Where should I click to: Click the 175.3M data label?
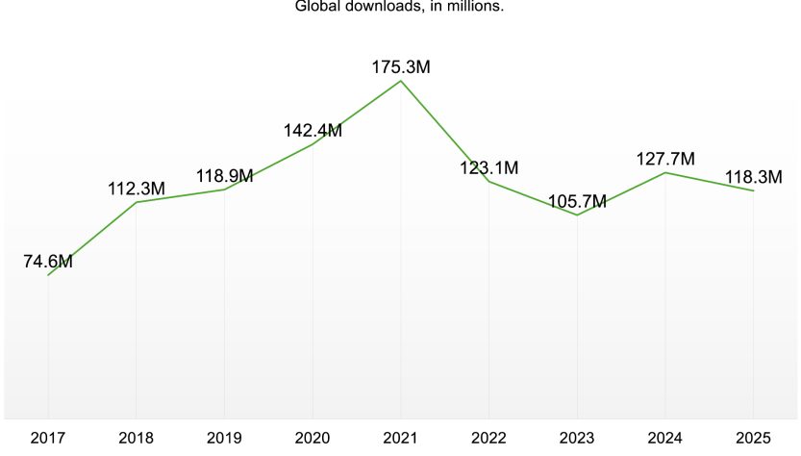coord(401,67)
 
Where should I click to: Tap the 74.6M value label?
coord(48,261)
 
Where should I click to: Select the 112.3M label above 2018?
coord(137,190)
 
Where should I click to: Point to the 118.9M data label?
coord(224,176)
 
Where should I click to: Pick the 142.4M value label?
coord(313,131)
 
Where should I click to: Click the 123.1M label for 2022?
coord(489,168)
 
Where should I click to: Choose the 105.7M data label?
coord(577,202)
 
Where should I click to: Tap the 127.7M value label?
coord(665,160)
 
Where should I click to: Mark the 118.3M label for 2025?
coord(754,178)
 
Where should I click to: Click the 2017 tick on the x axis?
coord(48,439)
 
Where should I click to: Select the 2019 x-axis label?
coord(224,439)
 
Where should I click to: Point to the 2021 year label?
coord(401,439)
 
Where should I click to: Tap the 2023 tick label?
coord(577,439)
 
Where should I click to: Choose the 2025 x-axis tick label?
coord(754,439)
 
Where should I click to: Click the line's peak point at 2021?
coord(401,81)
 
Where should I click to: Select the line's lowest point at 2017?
coord(48,275)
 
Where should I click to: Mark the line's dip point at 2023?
coord(577,215)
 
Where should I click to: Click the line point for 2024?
coord(665,172)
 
